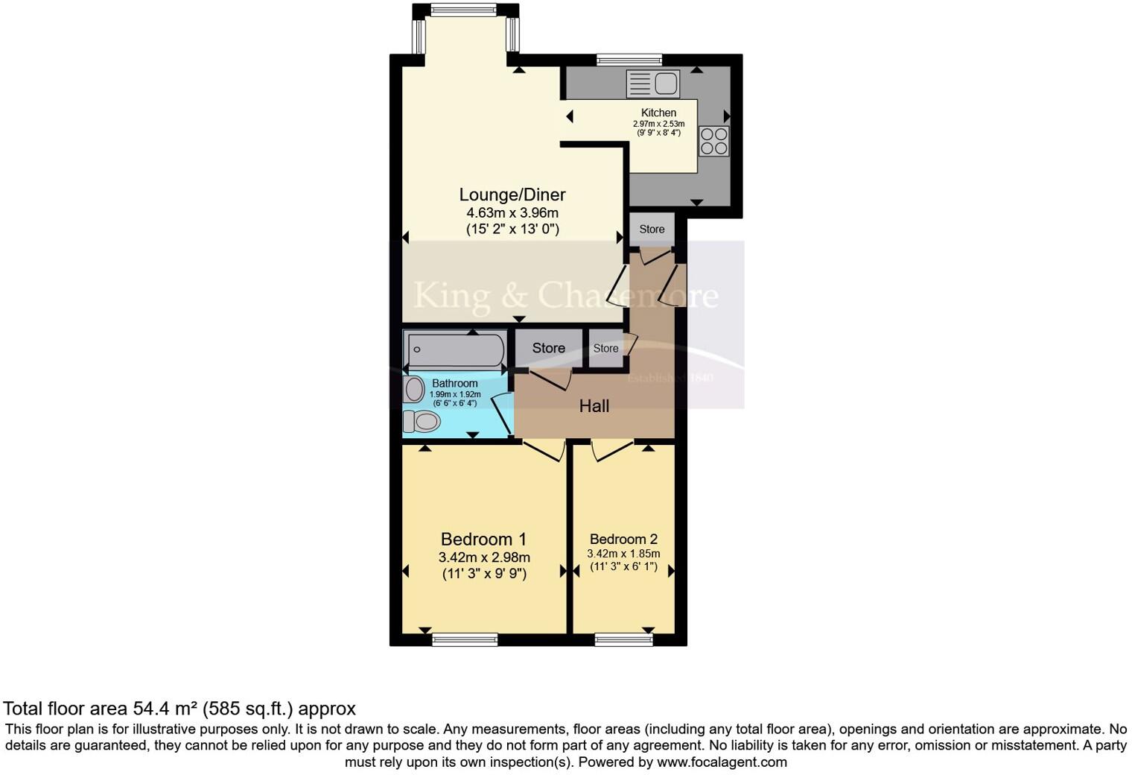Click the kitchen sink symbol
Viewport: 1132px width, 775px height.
(x=653, y=83)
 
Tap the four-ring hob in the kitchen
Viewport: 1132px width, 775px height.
(x=713, y=141)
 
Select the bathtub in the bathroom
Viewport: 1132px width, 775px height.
(x=455, y=349)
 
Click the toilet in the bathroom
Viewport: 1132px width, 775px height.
(x=422, y=422)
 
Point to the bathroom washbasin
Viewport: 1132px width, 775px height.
(x=413, y=388)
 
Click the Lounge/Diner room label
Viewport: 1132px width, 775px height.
(x=512, y=194)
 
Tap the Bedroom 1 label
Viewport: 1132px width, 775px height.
(x=483, y=539)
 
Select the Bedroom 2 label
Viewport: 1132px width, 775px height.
(x=623, y=539)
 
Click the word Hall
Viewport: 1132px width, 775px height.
(x=594, y=406)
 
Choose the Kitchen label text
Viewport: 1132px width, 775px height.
(x=658, y=113)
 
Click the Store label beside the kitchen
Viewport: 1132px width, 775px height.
(x=652, y=229)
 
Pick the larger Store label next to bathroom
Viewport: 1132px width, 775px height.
(x=548, y=348)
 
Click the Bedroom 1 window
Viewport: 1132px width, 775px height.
(x=465, y=639)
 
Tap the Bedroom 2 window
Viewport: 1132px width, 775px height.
(x=623, y=639)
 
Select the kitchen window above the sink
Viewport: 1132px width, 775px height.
(x=629, y=60)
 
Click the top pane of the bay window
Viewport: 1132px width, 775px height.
(x=466, y=10)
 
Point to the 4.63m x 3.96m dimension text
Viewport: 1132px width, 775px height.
(x=512, y=213)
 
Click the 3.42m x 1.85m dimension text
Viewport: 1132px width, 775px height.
(x=623, y=554)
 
